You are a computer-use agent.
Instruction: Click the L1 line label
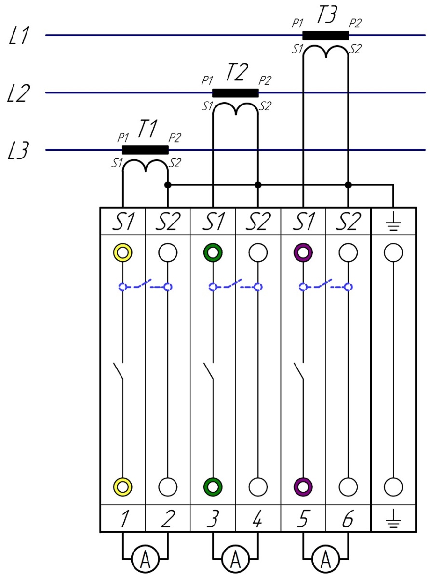pos(20,37)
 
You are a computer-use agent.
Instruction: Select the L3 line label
pos(20,151)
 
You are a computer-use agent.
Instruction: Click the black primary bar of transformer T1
pos(145,150)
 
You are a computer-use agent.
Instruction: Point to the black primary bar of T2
pos(235,93)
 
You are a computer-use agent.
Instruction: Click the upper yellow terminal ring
pos(122,252)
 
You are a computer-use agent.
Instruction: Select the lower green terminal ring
pos(213,486)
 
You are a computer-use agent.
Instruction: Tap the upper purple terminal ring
pos(303,252)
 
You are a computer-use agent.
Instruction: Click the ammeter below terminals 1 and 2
pos(145,559)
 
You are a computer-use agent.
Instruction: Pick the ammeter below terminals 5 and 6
pos(325,559)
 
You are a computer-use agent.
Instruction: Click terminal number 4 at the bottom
pos(257,519)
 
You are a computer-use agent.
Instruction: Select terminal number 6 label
pos(348,519)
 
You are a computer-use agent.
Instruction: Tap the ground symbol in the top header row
pos(393,222)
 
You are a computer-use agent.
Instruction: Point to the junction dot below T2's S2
pos(258,185)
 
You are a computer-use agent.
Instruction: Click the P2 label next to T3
pos(355,24)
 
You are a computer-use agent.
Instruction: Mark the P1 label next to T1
pos(123,138)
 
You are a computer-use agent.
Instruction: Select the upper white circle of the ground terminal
pos(393,252)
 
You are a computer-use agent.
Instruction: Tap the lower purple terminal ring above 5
pos(303,486)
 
